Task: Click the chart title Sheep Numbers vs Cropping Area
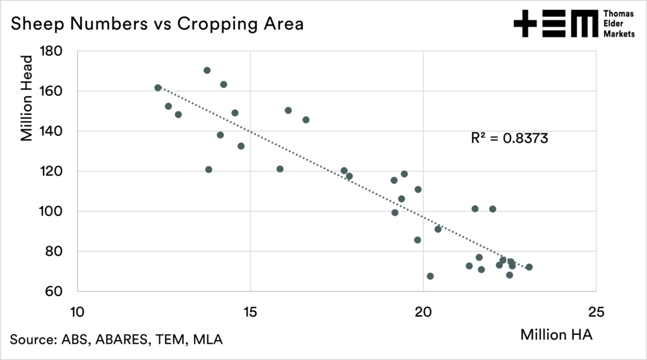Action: click(157, 24)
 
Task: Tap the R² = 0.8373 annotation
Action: click(509, 138)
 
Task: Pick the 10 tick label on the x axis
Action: click(77, 313)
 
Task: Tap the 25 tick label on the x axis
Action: click(596, 313)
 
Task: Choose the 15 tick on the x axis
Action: click(250, 313)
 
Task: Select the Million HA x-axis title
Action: click(556, 335)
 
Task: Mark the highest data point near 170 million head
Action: click(207, 70)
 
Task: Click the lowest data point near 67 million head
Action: click(430, 276)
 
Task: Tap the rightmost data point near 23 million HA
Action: click(529, 267)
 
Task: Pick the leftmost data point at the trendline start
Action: click(158, 88)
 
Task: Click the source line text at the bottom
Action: click(116, 339)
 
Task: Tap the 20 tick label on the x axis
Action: click(423, 313)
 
